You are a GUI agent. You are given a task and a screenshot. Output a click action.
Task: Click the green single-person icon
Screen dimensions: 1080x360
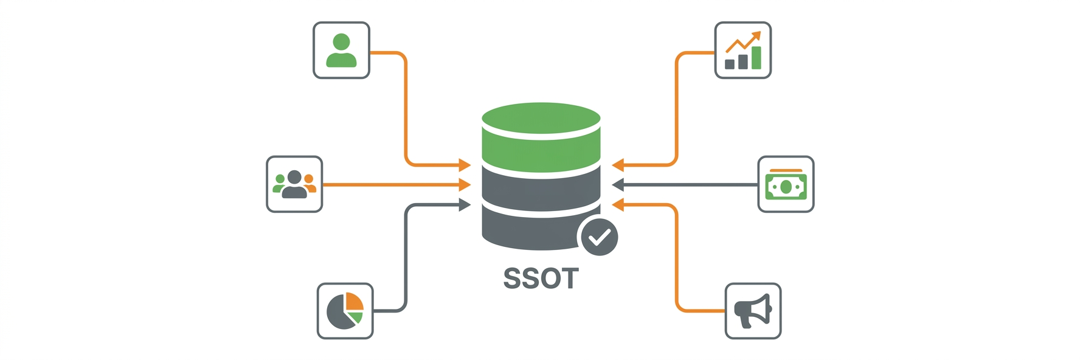tap(341, 50)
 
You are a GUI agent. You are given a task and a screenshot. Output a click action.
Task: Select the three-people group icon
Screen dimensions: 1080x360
tap(294, 185)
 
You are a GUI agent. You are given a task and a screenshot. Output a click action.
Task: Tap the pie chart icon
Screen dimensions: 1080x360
tap(345, 311)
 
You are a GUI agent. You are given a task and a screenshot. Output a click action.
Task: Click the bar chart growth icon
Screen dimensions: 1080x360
tap(742, 50)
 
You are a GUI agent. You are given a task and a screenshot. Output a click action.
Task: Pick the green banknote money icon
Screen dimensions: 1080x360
tap(786, 185)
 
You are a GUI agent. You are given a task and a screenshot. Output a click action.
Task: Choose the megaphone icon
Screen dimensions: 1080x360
tap(753, 311)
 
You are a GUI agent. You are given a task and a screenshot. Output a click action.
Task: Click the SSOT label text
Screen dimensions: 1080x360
tap(541, 279)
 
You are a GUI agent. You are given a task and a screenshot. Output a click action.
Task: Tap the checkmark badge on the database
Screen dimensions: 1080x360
tap(599, 237)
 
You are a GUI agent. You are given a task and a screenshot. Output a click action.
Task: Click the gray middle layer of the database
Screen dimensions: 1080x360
tap(541, 189)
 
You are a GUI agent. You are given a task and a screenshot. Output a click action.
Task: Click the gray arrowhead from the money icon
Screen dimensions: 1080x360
tap(618, 184)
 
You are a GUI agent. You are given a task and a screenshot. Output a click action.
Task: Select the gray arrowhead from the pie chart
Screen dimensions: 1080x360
tap(465, 205)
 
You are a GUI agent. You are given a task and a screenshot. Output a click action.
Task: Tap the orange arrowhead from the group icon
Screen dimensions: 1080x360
tap(465, 184)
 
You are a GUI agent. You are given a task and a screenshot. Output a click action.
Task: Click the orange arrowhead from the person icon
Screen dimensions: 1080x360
tap(465, 164)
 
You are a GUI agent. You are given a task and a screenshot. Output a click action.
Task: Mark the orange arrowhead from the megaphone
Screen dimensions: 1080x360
tap(618, 205)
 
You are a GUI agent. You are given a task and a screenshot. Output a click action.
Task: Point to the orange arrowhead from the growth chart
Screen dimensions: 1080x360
tap(618, 164)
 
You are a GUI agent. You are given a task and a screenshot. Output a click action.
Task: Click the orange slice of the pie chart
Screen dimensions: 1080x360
tap(355, 302)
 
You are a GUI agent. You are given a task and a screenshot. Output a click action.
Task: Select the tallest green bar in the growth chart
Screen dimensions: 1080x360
tap(756, 58)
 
